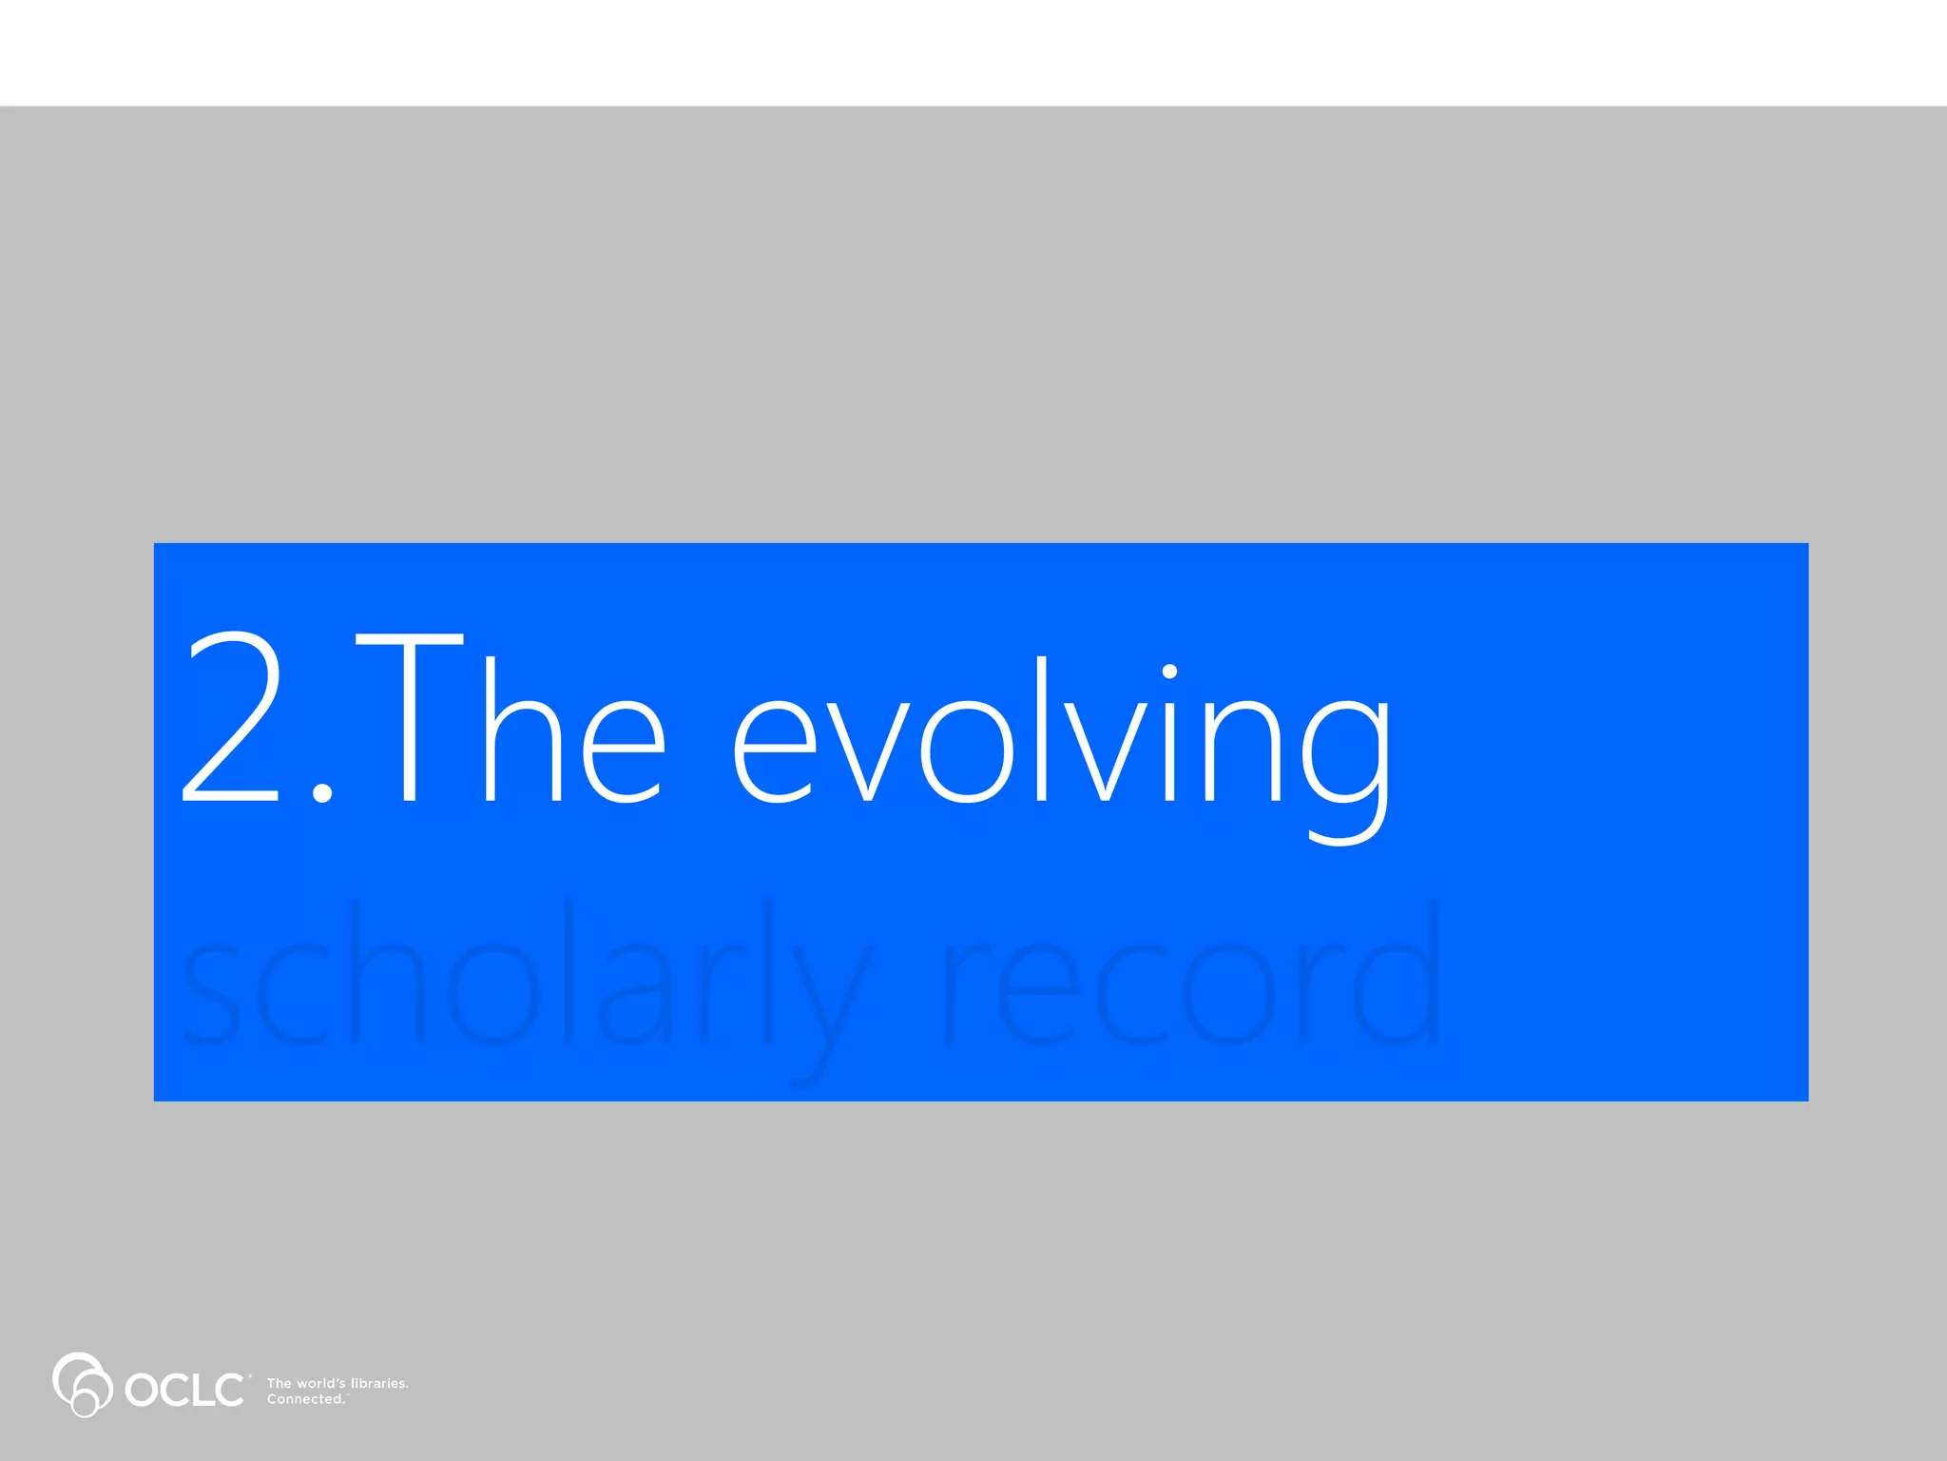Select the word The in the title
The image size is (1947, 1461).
[x=510, y=721]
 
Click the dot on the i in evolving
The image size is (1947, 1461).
[x=1169, y=672]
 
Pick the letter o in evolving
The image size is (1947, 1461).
[x=966, y=751]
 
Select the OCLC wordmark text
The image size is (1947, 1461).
[x=184, y=1390]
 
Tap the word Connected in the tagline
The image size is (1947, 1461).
[x=305, y=1399]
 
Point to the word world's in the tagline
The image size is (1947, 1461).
[x=321, y=1383]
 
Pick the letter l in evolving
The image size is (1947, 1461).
[x=1042, y=728]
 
